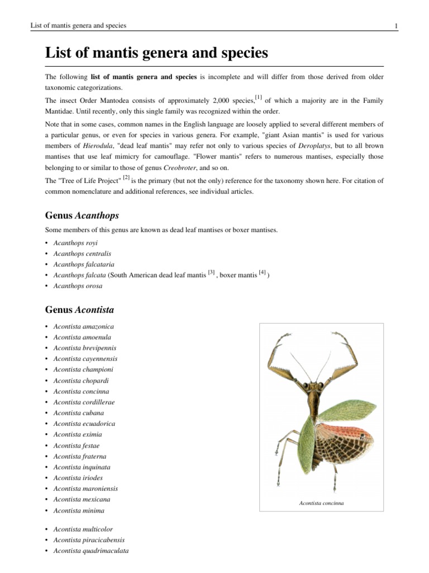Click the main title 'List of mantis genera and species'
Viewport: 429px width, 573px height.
(156, 54)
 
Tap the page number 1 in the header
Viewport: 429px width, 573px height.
(395, 26)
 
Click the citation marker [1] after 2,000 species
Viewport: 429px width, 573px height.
(258, 97)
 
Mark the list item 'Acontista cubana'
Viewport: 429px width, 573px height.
(78, 413)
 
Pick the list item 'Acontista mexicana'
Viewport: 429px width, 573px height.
(82, 499)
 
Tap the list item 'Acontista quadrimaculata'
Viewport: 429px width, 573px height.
(90, 551)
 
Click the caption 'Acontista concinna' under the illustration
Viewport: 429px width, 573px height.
(321, 503)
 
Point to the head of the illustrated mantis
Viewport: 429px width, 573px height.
(314, 386)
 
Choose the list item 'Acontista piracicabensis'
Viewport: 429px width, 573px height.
(89, 540)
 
